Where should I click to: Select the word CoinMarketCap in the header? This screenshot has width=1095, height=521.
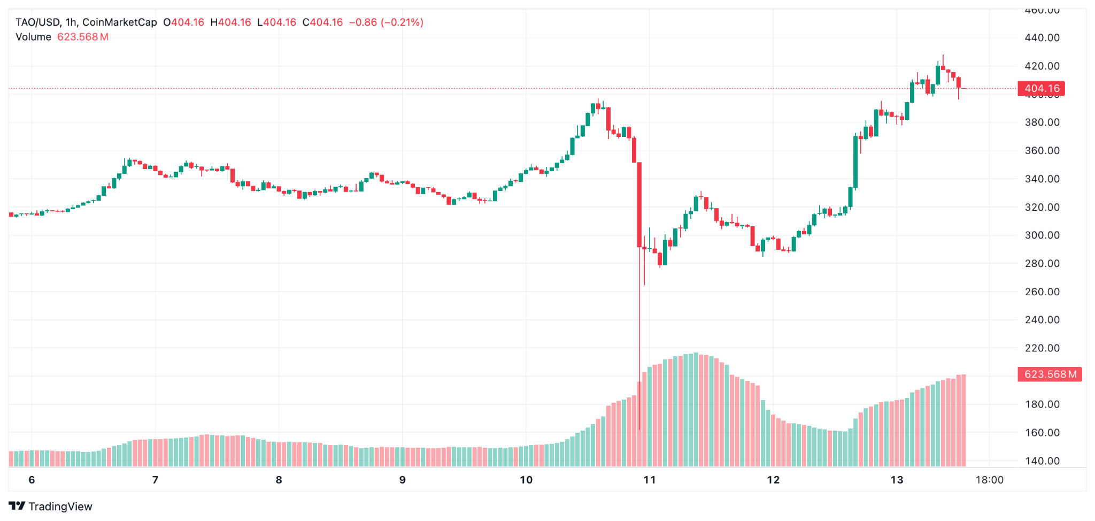tap(120, 22)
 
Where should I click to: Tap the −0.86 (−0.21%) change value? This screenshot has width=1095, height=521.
tap(386, 22)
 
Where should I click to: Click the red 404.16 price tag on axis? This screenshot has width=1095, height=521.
tap(1042, 89)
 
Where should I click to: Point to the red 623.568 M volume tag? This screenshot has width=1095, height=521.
tap(1050, 374)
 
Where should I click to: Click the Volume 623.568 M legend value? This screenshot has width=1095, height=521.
tap(82, 37)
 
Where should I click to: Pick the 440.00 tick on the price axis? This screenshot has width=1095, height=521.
tap(1042, 38)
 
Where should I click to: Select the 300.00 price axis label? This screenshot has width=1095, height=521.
tap(1042, 235)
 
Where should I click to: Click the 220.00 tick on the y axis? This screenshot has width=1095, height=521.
tap(1042, 348)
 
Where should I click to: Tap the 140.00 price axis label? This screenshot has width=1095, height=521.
tap(1042, 461)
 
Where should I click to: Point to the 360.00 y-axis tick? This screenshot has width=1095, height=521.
tap(1042, 151)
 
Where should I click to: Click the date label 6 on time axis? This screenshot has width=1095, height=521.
tap(32, 480)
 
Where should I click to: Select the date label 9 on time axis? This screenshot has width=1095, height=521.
tap(402, 480)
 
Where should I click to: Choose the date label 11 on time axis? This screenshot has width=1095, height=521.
tap(650, 480)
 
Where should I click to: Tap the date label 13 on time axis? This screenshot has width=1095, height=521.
tap(897, 480)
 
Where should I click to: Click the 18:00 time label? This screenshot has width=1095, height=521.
tap(989, 480)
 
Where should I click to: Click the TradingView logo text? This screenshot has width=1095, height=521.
tap(60, 507)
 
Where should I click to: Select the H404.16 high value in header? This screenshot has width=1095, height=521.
tap(230, 22)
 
